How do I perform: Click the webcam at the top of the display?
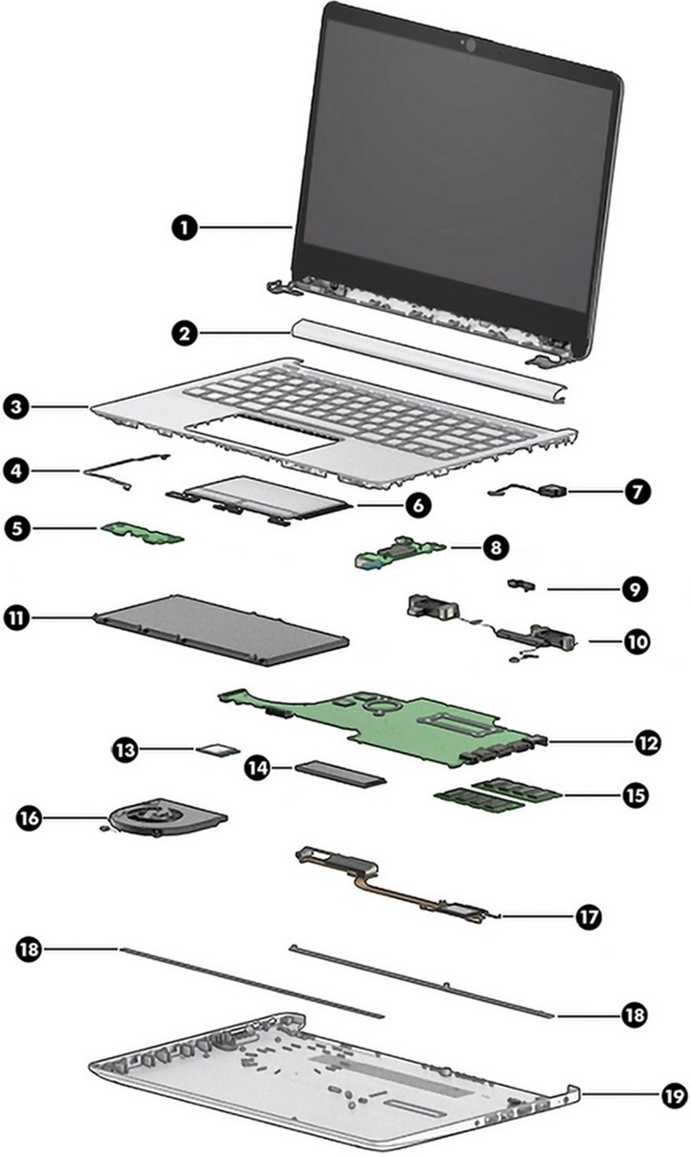[468, 43]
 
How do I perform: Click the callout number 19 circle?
[672, 1094]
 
